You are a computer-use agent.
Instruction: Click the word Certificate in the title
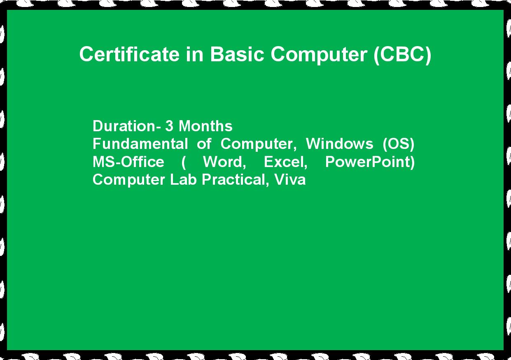point(129,54)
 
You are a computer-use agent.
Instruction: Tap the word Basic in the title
point(237,54)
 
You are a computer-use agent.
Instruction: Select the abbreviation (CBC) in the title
point(402,55)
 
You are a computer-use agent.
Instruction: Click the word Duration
point(124,126)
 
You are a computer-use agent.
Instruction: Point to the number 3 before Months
point(169,126)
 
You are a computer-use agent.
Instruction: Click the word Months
point(205,126)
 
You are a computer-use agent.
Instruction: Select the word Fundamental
point(140,144)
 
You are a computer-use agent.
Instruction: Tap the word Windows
point(339,144)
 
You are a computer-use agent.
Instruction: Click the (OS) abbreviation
point(398,144)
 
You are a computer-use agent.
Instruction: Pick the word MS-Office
point(128,162)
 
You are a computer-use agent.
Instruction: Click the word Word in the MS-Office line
point(224,162)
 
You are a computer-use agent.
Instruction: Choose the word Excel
point(286,162)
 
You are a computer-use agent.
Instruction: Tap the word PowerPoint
point(370,163)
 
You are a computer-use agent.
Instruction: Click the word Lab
point(183,180)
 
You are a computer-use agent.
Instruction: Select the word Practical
point(236,180)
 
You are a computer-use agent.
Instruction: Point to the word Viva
point(290,180)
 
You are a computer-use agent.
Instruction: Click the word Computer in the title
point(319,55)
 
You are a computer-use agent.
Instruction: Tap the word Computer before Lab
point(128,181)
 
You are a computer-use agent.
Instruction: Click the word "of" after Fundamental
point(204,144)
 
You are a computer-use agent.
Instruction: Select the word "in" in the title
point(195,54)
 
